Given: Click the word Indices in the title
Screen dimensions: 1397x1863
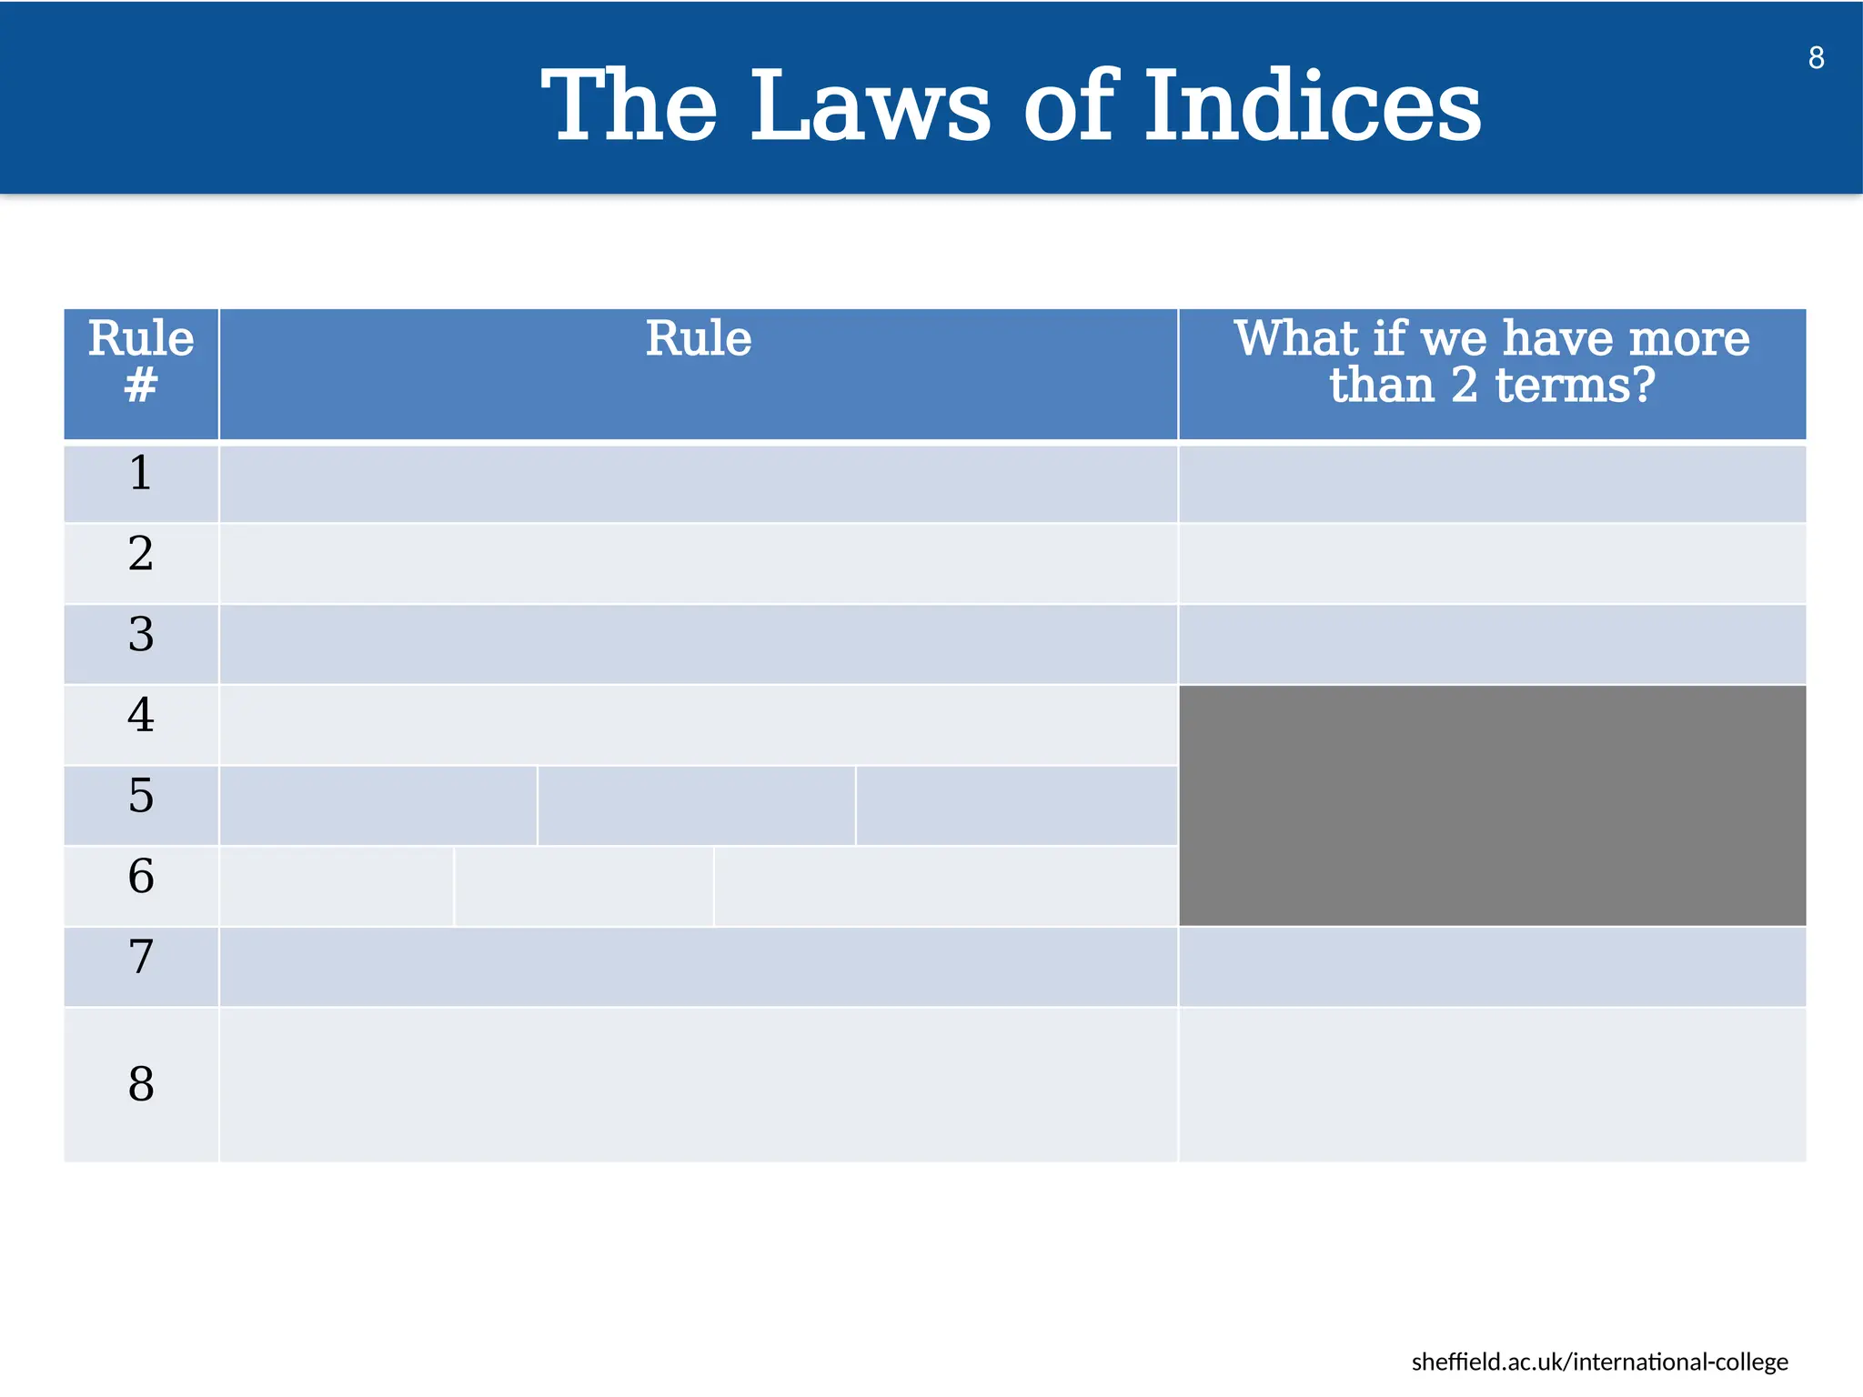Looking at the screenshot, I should [1312, 106].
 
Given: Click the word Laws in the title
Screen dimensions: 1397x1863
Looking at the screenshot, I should [870, 106].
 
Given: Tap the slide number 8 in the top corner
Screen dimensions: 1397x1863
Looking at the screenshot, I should [1816, 58].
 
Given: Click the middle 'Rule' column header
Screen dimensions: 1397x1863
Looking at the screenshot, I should [698, 339].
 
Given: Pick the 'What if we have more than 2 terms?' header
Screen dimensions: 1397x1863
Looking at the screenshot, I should [1492, 362].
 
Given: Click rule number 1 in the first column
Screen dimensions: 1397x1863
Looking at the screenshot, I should [141, 474].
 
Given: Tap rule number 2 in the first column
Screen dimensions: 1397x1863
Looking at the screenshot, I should [141, 554].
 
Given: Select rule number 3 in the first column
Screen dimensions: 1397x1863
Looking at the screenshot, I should [141, 635].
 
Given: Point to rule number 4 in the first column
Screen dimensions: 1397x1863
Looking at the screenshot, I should [141, 716].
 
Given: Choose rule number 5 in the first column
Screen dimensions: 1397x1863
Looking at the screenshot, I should [141, 797].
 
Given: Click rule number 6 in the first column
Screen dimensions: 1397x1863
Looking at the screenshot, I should [141, 877].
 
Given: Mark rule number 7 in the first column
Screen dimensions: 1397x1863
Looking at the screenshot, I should [141, 958].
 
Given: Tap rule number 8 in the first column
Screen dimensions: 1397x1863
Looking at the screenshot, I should [141, 1084].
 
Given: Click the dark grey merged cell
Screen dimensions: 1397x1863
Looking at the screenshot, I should [1492, 806].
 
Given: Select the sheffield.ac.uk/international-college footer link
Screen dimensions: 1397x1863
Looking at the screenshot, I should [1599, 1362].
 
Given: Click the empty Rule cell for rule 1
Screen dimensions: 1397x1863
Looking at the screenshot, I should [698, 483].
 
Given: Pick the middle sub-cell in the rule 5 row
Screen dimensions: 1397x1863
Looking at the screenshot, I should [696, 806].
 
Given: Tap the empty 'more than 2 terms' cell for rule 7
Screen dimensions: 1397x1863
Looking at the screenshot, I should [1492, 967].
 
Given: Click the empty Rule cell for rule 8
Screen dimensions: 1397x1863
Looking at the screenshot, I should [698, 1084].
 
